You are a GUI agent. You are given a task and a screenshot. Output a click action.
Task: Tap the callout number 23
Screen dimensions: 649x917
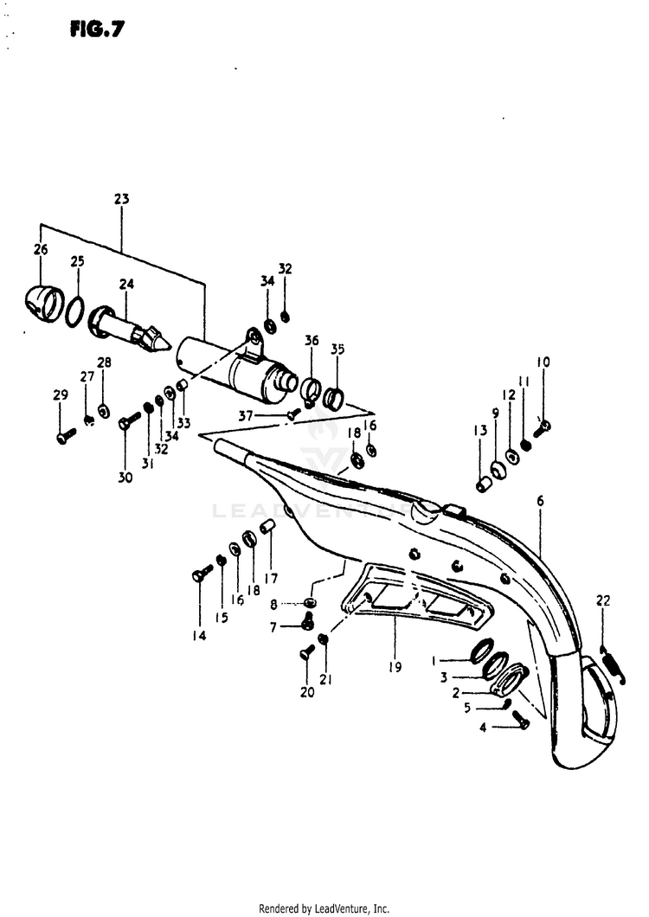pos(121,199)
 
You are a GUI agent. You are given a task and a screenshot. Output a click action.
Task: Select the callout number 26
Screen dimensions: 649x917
pos(41,250)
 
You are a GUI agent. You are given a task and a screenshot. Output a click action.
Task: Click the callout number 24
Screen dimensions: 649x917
pos(127,283)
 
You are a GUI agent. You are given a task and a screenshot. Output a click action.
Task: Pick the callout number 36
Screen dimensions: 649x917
pos(312,341)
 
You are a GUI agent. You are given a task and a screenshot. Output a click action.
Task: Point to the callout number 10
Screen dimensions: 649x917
pos(543,362)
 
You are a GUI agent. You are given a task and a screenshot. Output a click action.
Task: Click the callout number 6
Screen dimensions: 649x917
pos(540,501)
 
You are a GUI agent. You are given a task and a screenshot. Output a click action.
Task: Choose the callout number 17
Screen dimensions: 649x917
pos(271,579)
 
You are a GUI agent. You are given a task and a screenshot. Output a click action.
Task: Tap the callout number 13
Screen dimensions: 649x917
pos(479,432)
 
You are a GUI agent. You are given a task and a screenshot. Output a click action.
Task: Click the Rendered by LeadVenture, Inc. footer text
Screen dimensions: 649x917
pos(324,907)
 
